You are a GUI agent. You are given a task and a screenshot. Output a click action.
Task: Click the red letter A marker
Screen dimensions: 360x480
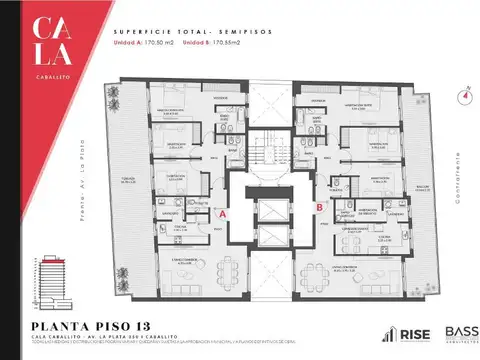pos(224,212)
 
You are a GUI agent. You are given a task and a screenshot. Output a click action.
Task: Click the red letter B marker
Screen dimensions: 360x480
pos(318,207)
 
